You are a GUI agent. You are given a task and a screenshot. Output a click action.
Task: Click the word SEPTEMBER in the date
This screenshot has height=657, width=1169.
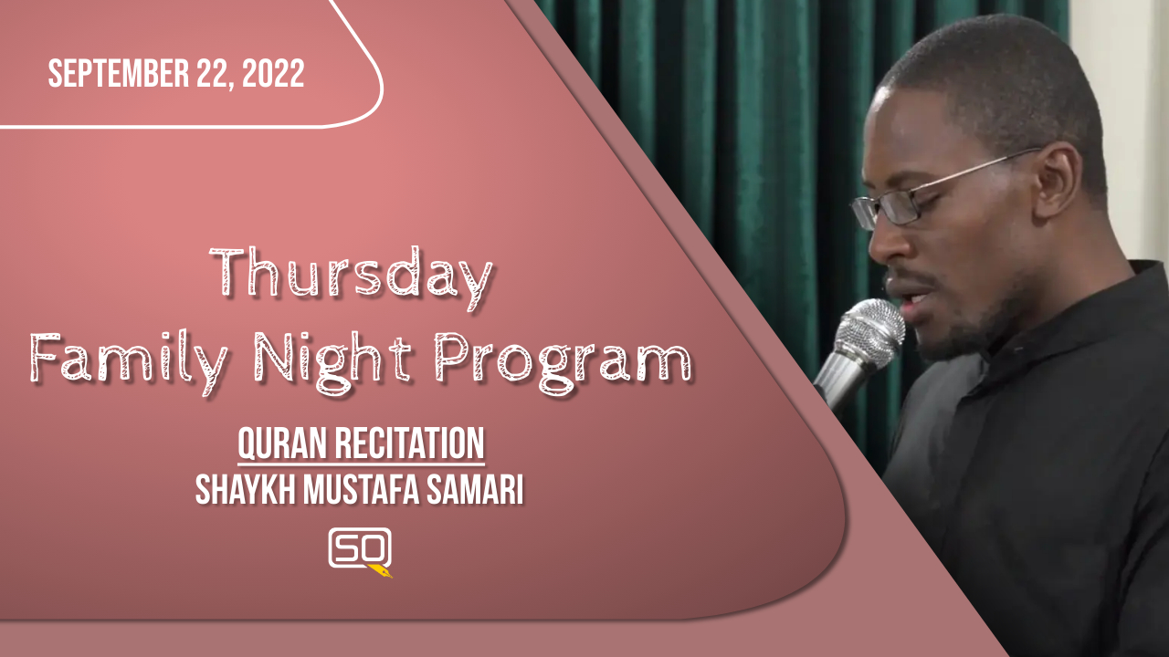[x=119, y=74]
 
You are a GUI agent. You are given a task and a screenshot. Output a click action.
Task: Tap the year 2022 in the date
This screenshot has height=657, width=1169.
[x=273, y=74]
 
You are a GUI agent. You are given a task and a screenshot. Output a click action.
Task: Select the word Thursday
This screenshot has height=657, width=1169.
[x=352, y=277]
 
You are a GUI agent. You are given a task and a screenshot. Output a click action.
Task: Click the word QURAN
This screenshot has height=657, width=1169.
[x=283, y=443]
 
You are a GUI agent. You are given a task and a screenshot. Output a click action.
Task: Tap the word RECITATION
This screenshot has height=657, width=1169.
[x=410, y=443]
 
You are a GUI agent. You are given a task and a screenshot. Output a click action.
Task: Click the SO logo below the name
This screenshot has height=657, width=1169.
[x=360, y=548]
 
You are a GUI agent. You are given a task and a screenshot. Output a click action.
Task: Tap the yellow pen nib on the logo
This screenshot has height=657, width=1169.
[x=381, y=571]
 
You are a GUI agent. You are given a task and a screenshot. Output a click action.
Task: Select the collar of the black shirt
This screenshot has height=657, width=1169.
[x=1044, y=323]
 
